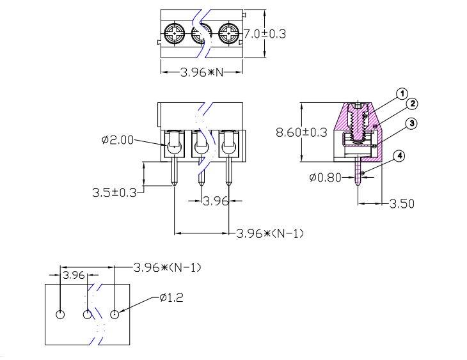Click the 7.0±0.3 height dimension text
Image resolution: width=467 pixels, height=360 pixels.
[264, 34]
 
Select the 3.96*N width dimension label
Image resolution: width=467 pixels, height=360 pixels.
[202, 72]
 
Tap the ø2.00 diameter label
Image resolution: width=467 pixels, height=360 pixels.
[118, 140]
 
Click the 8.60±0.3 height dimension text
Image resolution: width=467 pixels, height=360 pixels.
[301, 132]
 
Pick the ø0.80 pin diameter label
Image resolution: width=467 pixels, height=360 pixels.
[325, 178]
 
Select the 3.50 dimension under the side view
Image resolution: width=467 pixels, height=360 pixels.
[402, 204]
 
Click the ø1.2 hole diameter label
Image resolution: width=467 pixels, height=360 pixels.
[171, 297]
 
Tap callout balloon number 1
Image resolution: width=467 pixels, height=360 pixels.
[402, 94]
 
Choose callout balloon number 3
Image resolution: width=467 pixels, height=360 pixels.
[413, 123]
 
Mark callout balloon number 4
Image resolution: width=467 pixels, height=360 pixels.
[399, 156]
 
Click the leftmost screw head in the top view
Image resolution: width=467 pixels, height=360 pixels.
[175, 33]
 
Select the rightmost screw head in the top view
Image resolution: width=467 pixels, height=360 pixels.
[229, 33]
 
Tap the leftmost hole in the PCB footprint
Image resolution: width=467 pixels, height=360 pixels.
[60, 315]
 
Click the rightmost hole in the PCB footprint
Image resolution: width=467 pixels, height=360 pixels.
[115, 315]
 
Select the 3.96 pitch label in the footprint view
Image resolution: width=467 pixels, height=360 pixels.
[74, 275]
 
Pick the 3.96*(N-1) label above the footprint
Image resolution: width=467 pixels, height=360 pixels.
[166, 267]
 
